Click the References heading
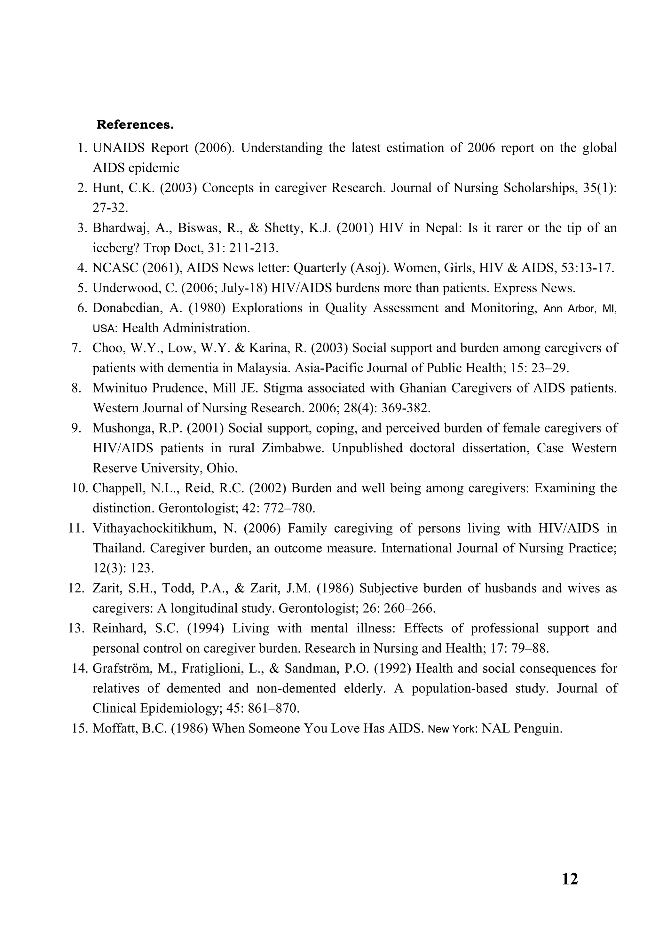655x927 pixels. click(x=135, y=125)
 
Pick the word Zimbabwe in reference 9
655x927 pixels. click(x=293, y=448)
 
